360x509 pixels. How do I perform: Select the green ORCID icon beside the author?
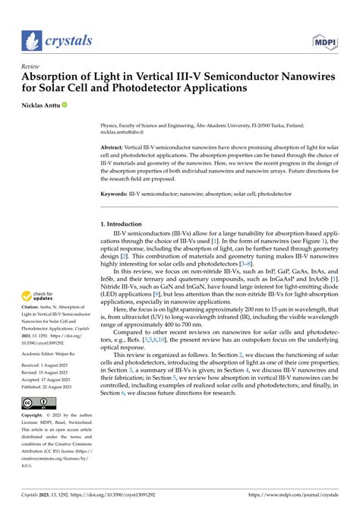75,104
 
